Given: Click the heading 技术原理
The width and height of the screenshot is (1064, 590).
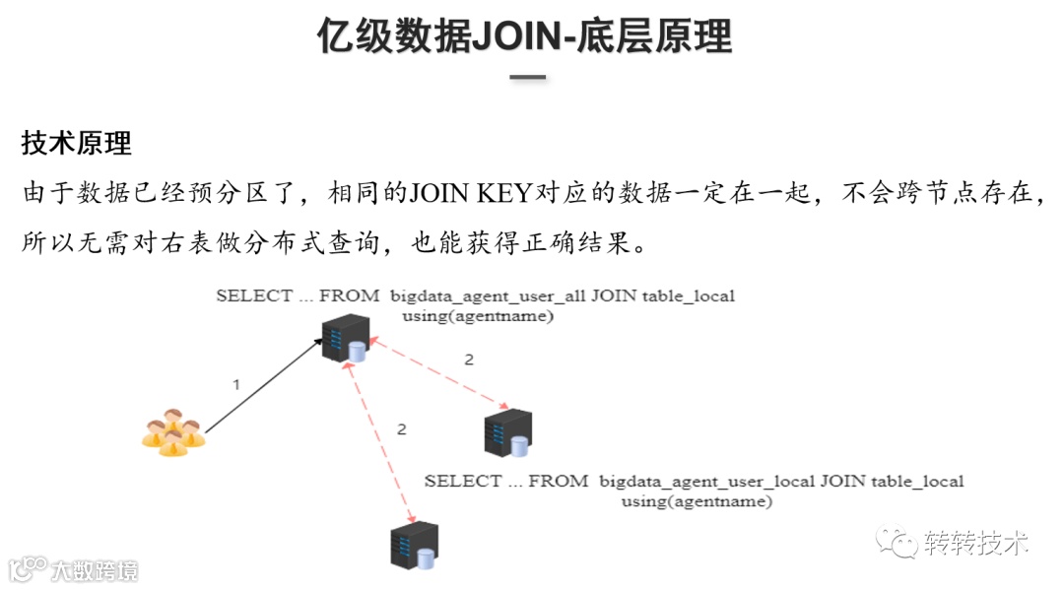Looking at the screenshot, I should click(x=76, y=143).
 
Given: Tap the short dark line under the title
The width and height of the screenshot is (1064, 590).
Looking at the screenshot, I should click(x=528, y=77).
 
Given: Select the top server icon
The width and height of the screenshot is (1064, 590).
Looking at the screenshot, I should click(x=344, y=339).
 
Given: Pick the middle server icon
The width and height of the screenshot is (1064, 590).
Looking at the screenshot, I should click(x=508, y=432).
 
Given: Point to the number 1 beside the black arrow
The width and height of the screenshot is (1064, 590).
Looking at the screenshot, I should click(x=235, y=384).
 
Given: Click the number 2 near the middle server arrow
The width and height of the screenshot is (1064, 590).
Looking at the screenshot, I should click(x=469, y=360).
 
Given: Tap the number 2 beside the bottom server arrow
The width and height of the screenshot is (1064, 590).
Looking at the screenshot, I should click(x=401, y=428).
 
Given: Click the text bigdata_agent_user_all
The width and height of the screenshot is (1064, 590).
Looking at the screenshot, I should click(x=488, y=295).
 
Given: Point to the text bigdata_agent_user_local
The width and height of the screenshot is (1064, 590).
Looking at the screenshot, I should click(x=706, y=482).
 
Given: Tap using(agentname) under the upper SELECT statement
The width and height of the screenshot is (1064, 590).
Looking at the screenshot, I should click(x=477, y=316).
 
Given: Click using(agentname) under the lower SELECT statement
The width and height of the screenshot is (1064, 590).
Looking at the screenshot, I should click(x=697, y=501).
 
